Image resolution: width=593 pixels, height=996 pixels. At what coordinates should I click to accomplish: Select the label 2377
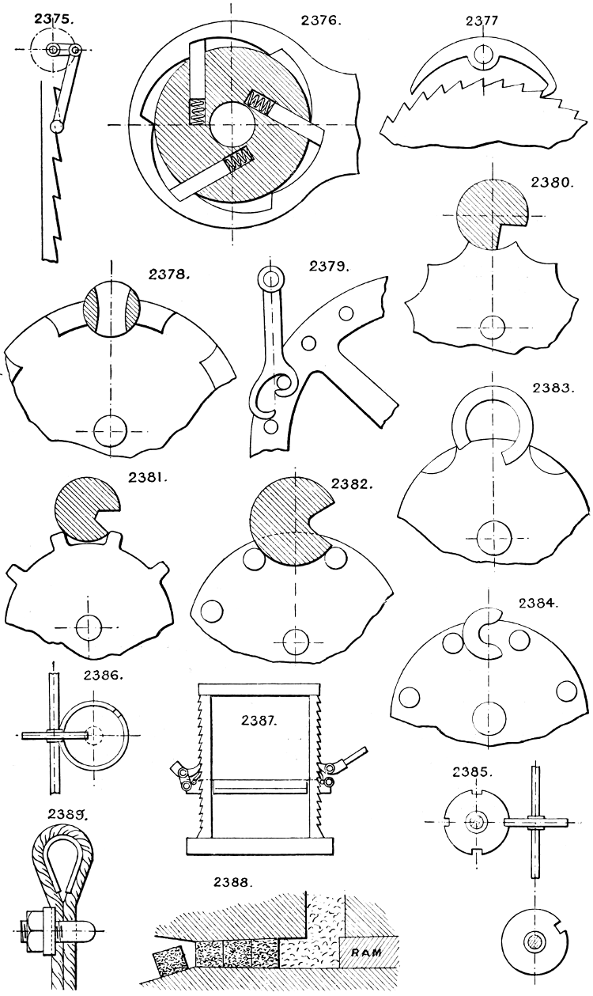(480, 21)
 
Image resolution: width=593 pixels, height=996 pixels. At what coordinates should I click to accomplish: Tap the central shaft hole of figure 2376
(232, 125)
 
